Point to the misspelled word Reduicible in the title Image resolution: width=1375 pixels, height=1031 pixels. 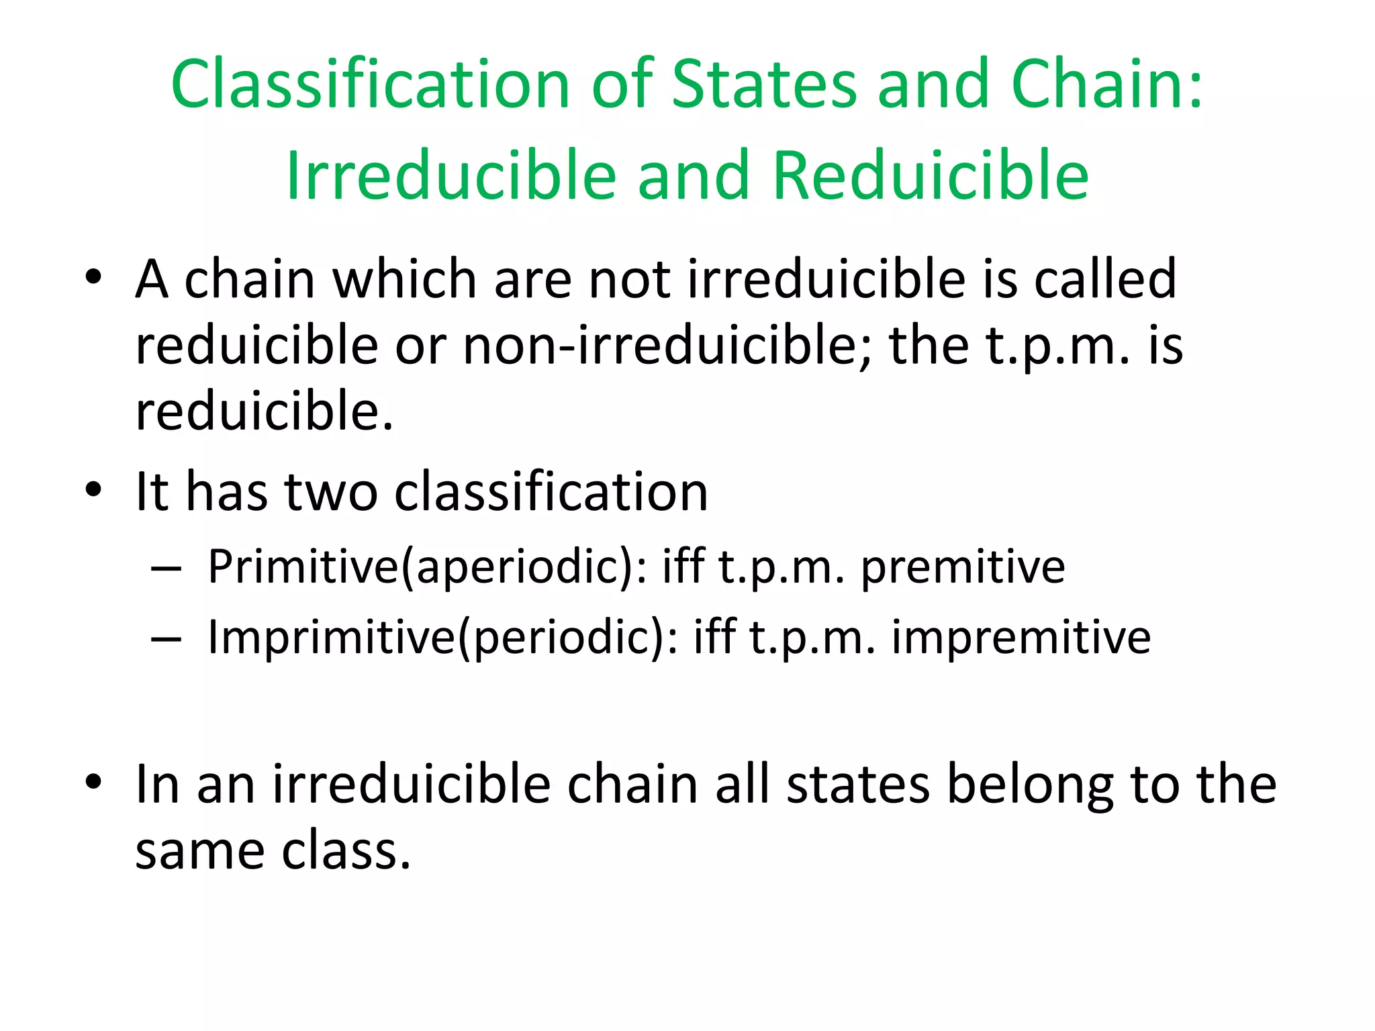931,175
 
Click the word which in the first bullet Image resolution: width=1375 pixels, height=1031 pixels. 405,279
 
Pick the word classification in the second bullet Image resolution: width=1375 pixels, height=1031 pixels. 551,492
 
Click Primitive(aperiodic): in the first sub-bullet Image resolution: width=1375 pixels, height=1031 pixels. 428,567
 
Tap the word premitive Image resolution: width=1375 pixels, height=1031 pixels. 963,567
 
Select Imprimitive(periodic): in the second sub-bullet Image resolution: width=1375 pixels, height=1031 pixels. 443,637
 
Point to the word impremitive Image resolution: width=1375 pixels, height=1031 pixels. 1021,637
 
